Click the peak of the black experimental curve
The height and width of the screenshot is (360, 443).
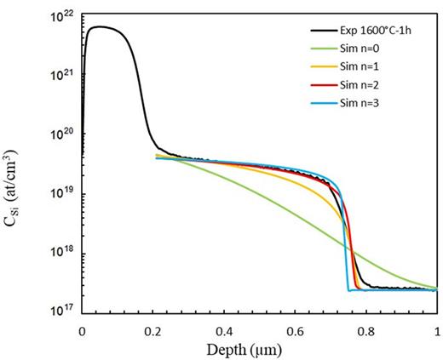point(100,26)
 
